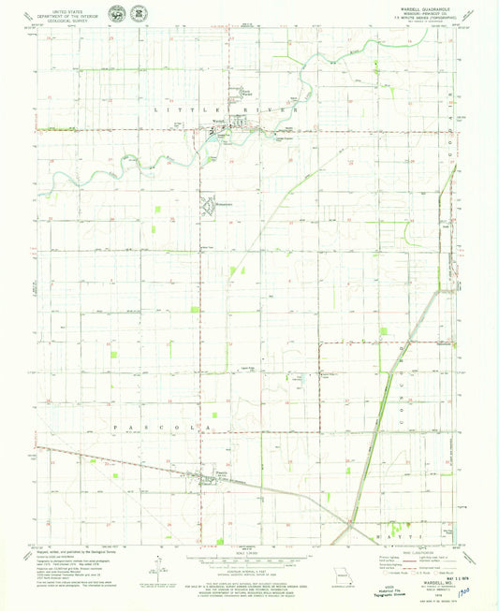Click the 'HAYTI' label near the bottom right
405,535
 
